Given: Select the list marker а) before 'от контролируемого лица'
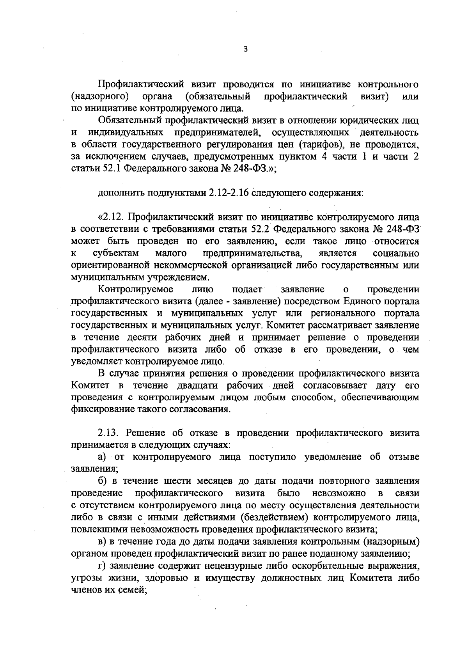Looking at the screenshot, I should [x=102, y=457].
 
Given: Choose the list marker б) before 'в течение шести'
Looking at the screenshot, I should [x=102, y=481].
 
